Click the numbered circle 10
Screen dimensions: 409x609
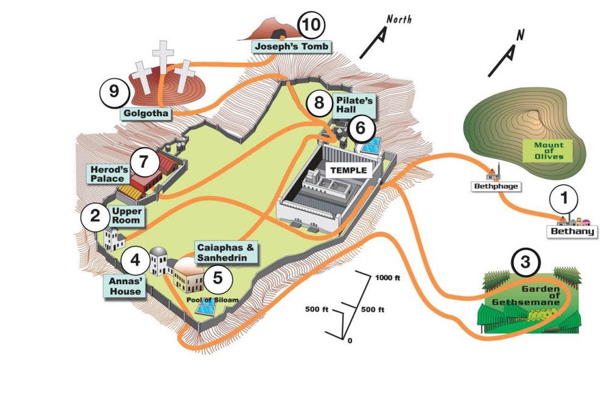tap(311, 26)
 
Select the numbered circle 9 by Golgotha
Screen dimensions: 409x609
tap(114, 93)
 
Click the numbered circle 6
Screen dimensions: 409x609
tap(360, 128)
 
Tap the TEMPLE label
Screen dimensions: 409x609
tap(348, 170)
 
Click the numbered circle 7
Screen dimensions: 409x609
tap(144, 162)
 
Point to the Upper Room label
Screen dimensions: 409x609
tap(126, 215)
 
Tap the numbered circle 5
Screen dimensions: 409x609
tap(217, 281)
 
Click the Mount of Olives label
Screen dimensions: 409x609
tap(548, 150)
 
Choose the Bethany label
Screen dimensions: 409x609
tap(572, 231)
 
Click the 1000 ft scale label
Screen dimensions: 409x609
tap(387, 279)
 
